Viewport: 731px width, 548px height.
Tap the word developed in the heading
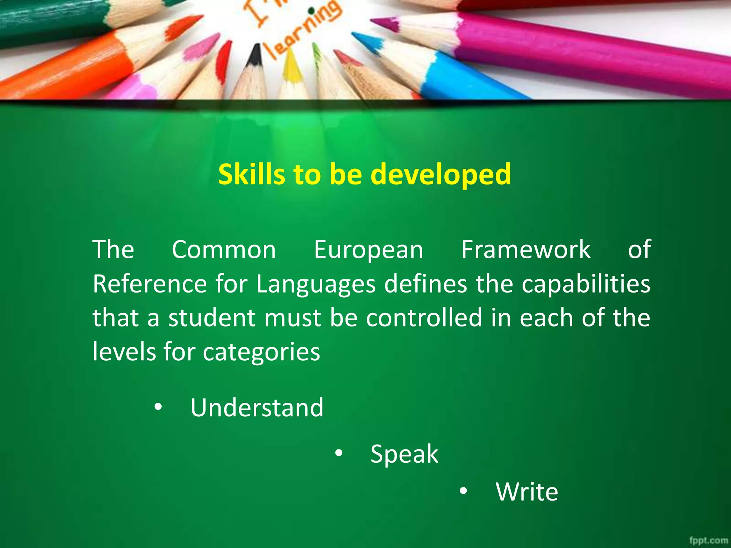[441, 175]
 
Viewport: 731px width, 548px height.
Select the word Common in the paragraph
[224, 250]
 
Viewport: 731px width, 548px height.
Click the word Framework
[526, 250]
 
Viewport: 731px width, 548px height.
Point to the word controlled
[424, 318]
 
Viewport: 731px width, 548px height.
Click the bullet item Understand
[257, 407]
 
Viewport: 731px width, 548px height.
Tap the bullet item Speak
[404, 454]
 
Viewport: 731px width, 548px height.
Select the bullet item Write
[527, 492]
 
